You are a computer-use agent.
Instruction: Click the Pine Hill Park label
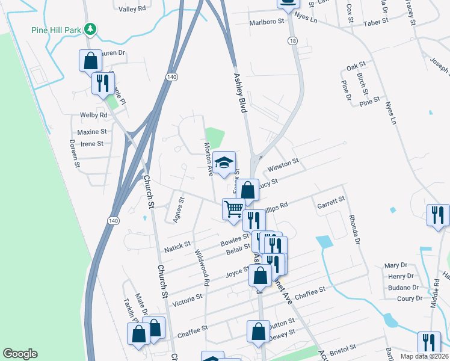(57, 29)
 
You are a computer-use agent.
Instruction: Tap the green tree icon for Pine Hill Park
(90, 28)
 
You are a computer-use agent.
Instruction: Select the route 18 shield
(292, 40)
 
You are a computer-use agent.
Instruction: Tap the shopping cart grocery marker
(233, 209)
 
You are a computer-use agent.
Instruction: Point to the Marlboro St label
(267, 22)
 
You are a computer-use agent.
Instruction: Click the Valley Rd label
(132, 9)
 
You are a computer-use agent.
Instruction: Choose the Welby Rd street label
(93, 115)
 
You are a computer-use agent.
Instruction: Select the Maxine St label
(91, 131)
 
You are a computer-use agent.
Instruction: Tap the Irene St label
(92, 144)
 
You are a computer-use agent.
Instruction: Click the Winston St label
(283, 164)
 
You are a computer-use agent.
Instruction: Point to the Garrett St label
(331, 202)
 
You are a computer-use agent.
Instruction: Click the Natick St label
(177, 245)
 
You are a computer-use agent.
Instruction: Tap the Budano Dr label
(404, 288)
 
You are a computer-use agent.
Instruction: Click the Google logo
(20, 354)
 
